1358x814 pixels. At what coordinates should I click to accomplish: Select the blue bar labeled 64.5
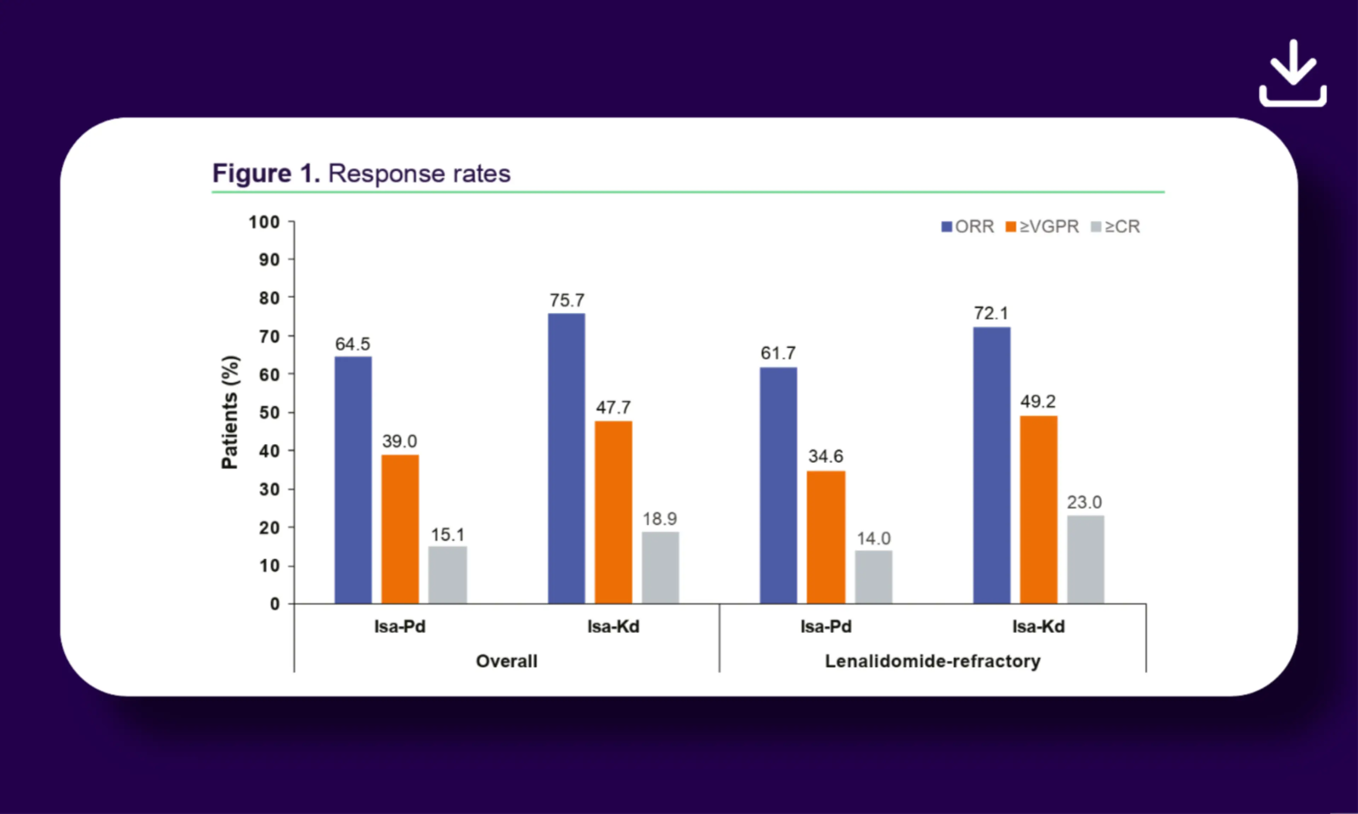(x=353, y=480)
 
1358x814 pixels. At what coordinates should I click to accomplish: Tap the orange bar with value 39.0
(x=400, y=529)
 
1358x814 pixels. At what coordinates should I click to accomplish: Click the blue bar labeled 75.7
(x=567, y=459)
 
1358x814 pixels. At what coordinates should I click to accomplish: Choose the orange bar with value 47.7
(x=613, y=512)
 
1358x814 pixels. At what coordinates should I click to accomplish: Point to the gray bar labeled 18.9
(x=660, y=568)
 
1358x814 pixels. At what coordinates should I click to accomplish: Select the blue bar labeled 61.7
(x=778, y=485)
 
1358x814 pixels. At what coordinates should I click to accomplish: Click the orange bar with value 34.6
(x=826, y=538)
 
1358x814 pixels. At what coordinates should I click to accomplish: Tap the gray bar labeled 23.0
(x=1086, y=560)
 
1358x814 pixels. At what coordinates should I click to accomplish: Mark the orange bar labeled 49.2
(x=1039, y=509)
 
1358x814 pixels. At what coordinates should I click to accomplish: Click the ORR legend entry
(x=967, y=226)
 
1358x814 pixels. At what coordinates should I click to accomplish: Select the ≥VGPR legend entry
(x=1042, y=226)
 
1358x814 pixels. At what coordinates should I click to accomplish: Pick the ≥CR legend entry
(x=1115, y=226)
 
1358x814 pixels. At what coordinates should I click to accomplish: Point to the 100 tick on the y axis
(x=265, y=222)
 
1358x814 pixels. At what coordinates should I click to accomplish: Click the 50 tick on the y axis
(x=269, y=413)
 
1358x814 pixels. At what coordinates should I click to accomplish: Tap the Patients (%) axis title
(x=230, y=413)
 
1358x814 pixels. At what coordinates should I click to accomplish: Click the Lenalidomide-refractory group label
(x=933, y=661)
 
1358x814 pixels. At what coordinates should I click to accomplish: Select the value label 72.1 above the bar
(x=991, y=313)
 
